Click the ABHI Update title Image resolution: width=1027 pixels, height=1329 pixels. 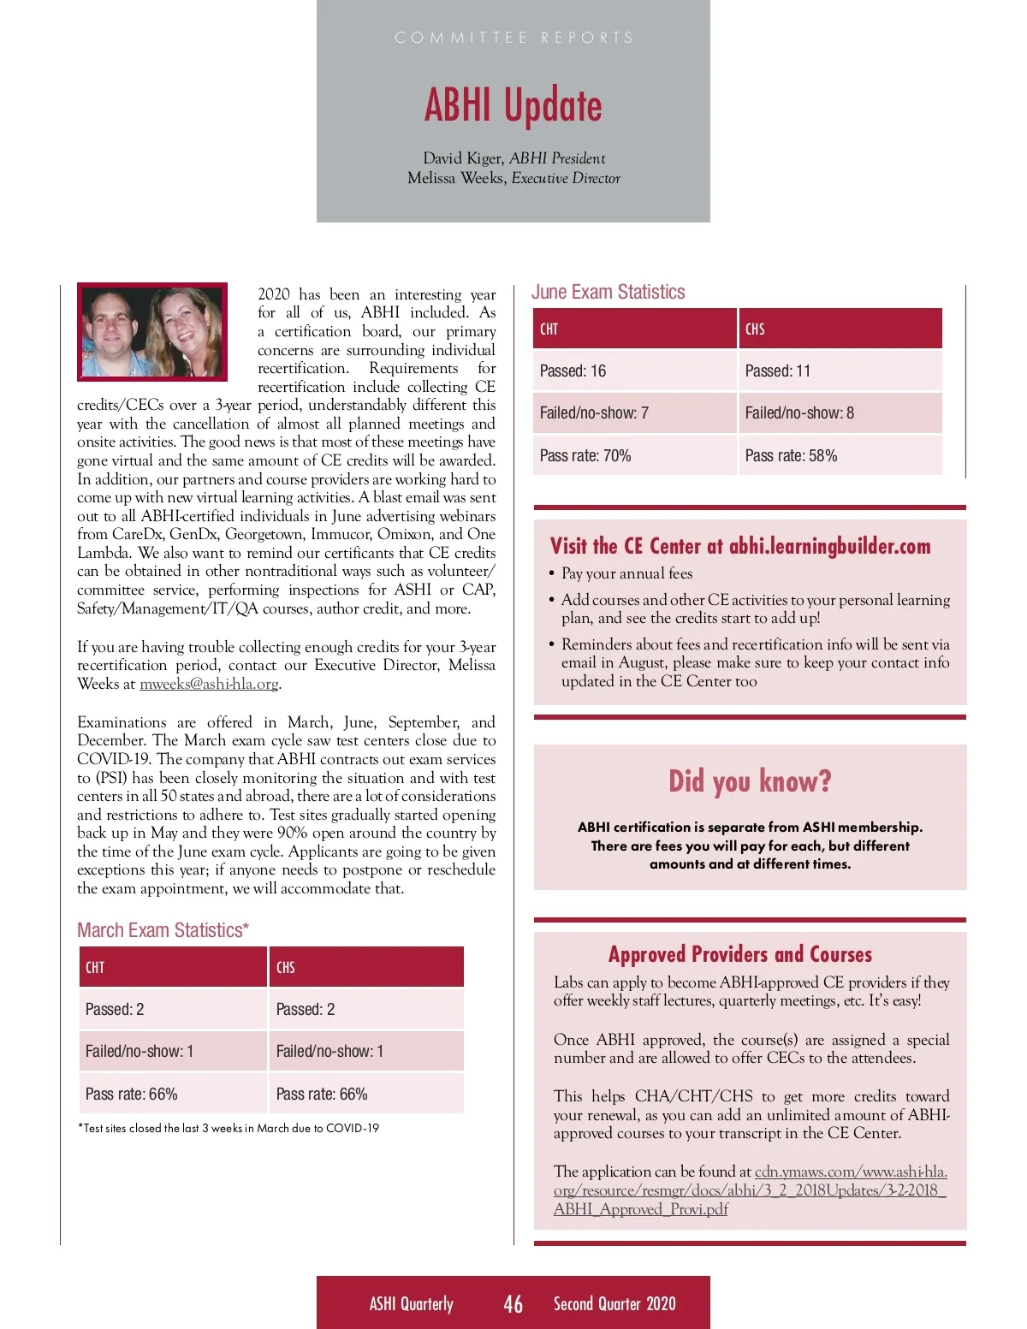click(x=513, y=106)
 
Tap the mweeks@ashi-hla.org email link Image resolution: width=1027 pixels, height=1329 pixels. click(x=209, y=684)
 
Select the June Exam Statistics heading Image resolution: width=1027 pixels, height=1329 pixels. click(x=608, y=292)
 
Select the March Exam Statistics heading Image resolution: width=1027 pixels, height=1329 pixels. click(x=163, y=930)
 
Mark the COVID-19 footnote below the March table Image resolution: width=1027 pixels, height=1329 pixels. click(x=229, y=1129)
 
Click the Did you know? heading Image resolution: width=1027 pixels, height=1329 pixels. click(x=750, y=781)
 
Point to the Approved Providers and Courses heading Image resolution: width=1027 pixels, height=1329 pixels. click(x=740, y=954)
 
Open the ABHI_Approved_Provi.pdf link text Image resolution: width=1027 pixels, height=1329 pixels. click(x=641, y=1209)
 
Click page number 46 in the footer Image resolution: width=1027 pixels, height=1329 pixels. click(x=513, y=1303)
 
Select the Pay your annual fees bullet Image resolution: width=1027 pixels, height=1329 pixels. click(x=626, y=573)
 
